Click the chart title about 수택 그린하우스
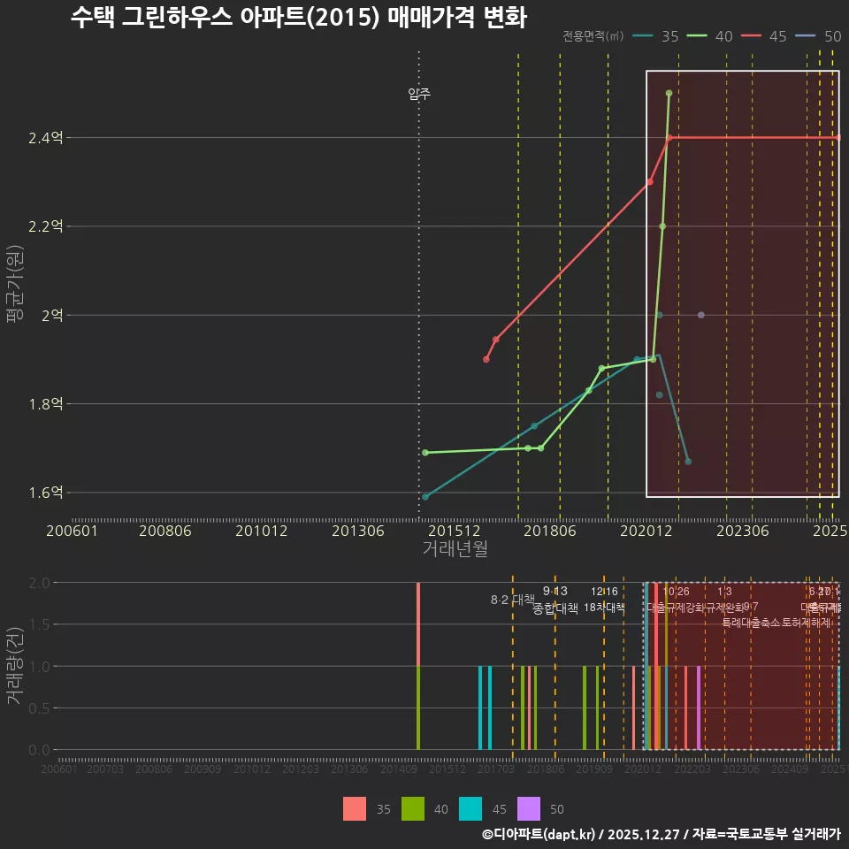coord(298,18)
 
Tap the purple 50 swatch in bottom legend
coord(528,808)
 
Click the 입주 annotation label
coord(419,94)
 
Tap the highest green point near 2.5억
coord(669,93)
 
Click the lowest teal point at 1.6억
coord(425,497)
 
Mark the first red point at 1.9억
coord(486,359)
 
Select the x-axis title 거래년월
coord(455,548)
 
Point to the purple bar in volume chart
coord(698,707)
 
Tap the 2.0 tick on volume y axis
coord(39,583)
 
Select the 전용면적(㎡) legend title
coord(593,36)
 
